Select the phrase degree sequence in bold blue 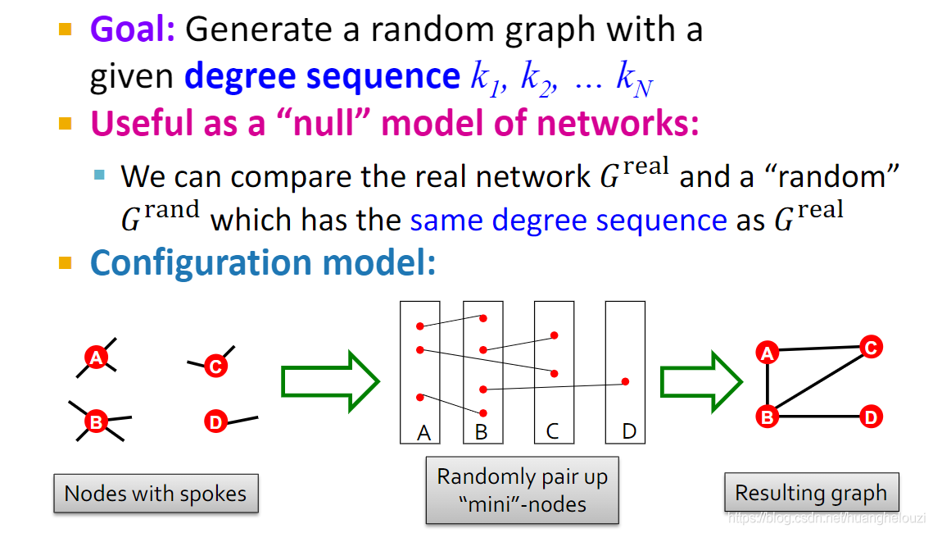322,76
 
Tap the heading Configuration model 263,262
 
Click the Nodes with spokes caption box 156,494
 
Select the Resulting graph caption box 811,493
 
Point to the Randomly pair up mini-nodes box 523,490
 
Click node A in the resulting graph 767,353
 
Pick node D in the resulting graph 871,417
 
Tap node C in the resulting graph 870,348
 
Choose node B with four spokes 97,422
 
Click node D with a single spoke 215,422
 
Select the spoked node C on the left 215,367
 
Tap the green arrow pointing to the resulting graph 700,381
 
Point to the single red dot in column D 625,381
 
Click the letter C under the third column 552,431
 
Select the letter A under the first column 423,432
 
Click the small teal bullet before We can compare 100,174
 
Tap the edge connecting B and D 819,417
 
